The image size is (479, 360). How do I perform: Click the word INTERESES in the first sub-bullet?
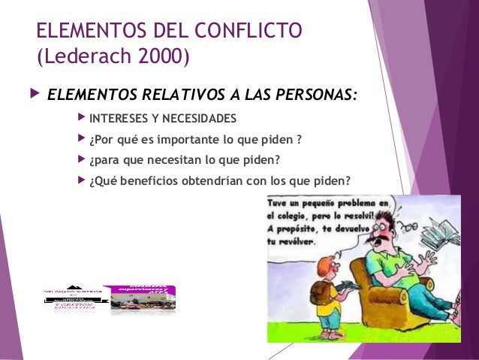(x=116, y=119)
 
